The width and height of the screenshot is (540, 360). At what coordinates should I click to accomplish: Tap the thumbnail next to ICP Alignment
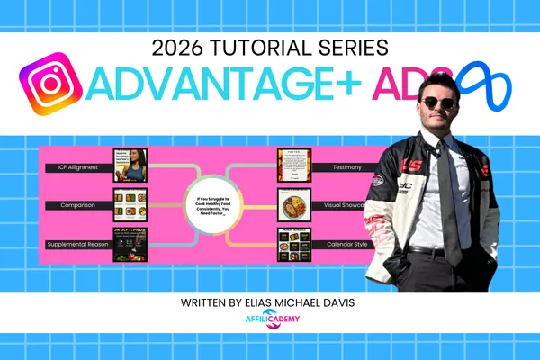click(130, 166)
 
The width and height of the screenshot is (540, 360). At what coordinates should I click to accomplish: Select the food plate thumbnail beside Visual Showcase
click(292, 205)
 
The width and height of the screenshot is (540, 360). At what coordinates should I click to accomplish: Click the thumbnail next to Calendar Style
click(292, 244)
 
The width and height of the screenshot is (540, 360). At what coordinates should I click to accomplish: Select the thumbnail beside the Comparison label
click(130, 205)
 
